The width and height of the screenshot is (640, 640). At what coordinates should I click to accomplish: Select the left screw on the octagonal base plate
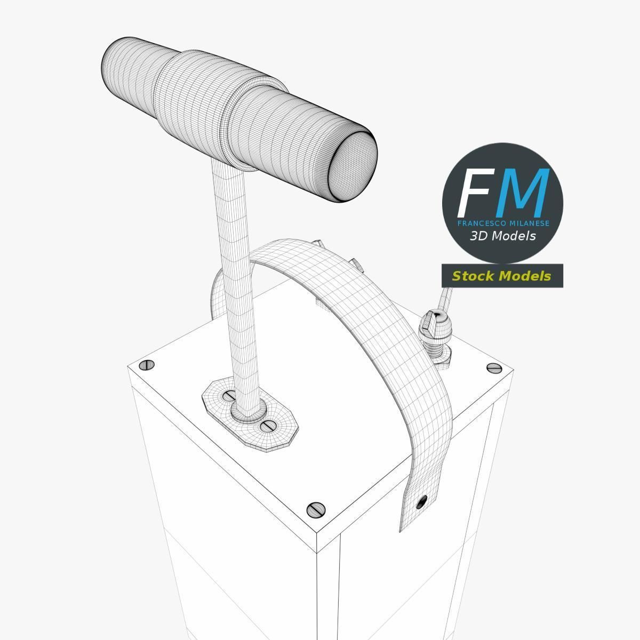(229, 396)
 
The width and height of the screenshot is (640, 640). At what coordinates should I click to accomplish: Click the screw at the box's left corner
(147, 365)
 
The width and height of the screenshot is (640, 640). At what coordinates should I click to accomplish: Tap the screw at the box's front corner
(316, 509)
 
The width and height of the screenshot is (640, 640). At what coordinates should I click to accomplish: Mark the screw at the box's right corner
(494, 367)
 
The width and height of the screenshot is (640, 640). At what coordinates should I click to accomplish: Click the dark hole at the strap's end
(421, 501)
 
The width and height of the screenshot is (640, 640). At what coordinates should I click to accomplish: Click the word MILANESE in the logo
(528, 223)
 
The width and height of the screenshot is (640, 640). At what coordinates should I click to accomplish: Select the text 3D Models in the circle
(502, 236)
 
